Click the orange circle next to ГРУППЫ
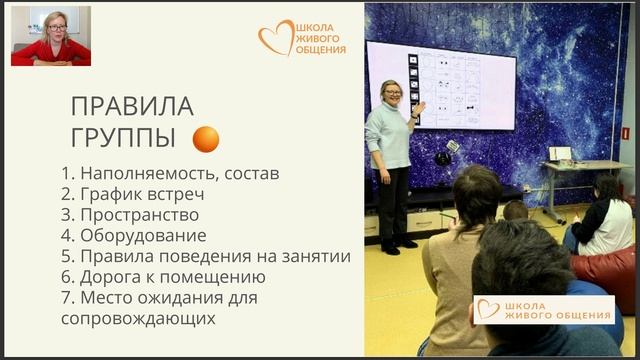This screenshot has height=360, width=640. (x=206, y=139)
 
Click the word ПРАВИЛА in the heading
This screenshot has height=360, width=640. (x=132, y=106)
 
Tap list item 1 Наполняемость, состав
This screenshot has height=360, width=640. (x=170, y=173)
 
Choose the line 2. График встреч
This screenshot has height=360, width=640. (x=134, y=194)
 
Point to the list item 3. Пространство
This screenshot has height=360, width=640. (x=130, y=215)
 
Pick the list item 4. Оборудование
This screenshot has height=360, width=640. (x=134, y=236)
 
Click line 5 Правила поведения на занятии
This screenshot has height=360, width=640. (x=205, y=256)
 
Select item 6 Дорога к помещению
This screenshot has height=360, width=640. (x=163, y=277)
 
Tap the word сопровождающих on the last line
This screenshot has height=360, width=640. (x=138, y=319)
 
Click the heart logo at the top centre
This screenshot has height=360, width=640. (x=275, y=38)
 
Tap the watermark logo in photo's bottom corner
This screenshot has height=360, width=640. (x=544, y=310)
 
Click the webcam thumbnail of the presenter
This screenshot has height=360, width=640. (x=51, y=36)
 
